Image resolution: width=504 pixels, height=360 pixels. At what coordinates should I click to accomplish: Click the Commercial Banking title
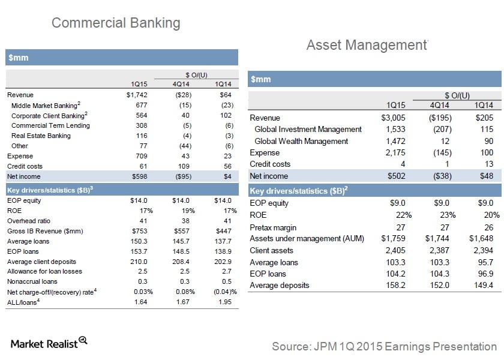116,23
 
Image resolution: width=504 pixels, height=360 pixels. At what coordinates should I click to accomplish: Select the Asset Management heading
365,45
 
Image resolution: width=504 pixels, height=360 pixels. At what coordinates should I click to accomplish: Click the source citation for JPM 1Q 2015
384,346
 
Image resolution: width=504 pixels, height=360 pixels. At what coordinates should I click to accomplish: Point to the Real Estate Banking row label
41,136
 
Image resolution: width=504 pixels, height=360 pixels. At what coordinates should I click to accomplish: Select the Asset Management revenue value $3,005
393,118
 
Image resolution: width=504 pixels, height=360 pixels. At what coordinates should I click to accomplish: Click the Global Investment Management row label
308,129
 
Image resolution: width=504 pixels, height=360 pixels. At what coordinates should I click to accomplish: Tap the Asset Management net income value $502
394,176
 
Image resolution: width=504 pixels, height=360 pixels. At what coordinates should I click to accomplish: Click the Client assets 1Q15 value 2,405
395,250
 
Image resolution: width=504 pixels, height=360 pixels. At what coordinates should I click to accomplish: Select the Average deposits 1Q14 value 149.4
482,285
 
